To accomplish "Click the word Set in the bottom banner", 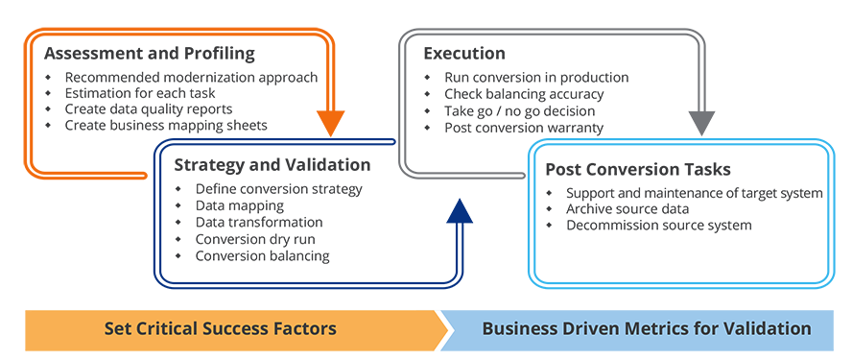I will click(118, 329).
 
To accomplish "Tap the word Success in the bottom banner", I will click(234, 329).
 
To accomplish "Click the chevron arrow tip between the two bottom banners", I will click(447, 329).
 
